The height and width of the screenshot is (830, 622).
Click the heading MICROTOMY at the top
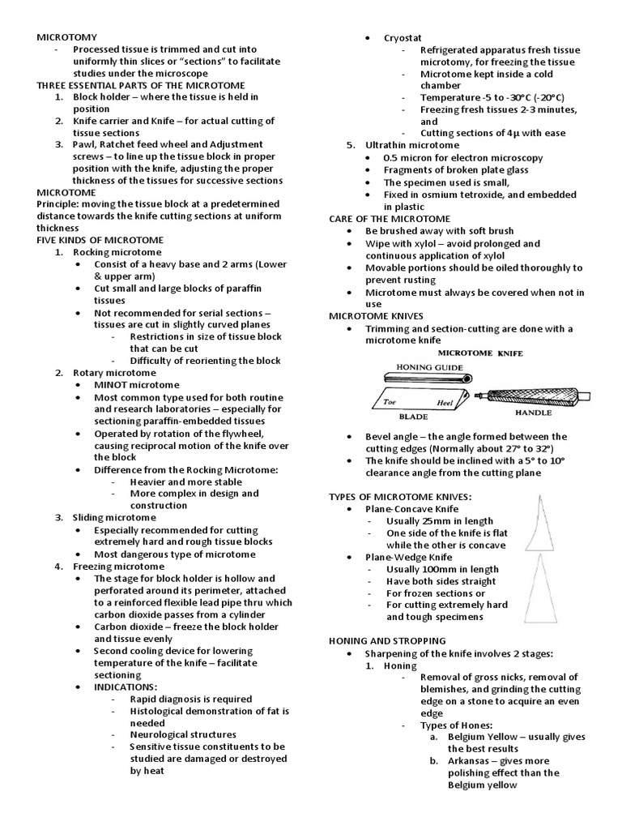pyautogui.click(x=67, y=37)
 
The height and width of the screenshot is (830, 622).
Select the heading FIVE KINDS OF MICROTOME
pyautogui.click(x=100, y=240)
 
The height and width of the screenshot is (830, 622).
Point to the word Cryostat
pyautogui.click(x=403, y=37)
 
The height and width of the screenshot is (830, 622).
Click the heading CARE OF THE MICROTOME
pyautogui.click(x=390, y=218)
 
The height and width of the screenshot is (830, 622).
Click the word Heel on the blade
pyautogui.click(x=445, y=403)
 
